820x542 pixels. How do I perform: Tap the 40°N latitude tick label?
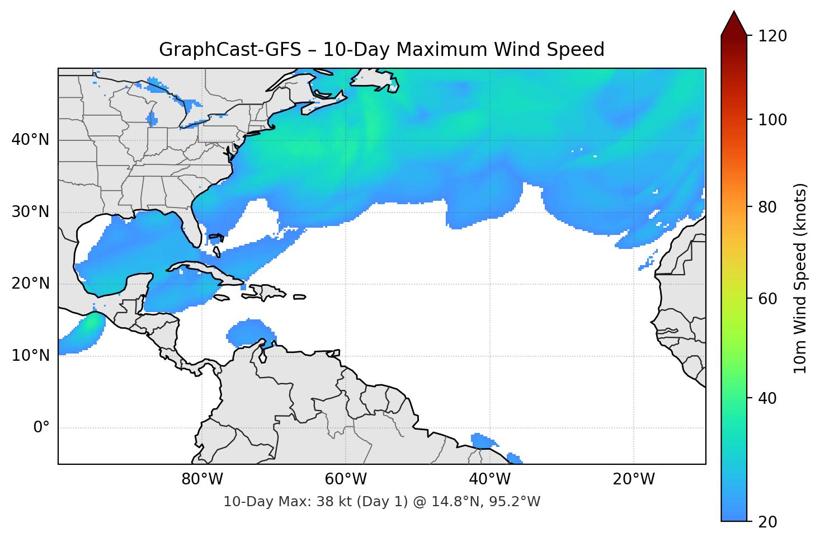point(30,140)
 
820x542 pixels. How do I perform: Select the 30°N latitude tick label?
point(30,212)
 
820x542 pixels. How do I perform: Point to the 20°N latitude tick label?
point(30,284)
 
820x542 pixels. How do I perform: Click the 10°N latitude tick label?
point(30,356)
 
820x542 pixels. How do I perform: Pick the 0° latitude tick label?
point(41,428)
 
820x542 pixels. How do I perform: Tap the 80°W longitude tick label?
point(202,479)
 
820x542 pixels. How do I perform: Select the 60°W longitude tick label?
point(346,479)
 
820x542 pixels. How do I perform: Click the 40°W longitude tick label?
point(489,479)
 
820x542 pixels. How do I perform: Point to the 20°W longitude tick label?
point(633,479)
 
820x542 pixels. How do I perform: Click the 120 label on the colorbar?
point(772,36)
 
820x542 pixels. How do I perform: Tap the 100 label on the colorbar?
point(772,120)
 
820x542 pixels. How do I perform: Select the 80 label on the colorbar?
point(767,207)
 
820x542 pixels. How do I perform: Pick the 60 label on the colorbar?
point(767,299)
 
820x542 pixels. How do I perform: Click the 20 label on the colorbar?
point(767,522)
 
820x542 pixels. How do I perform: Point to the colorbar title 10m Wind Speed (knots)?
point(800,279)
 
